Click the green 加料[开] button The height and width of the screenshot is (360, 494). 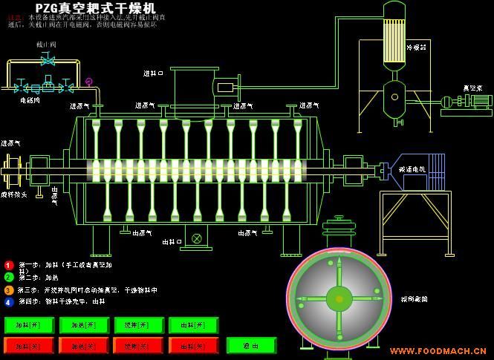point(29,325)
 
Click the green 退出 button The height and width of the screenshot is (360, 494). point(252,346)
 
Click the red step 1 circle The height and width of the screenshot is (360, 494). point(9,265)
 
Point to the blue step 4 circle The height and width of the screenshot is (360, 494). point(9,302)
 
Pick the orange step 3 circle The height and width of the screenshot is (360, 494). point(9,290)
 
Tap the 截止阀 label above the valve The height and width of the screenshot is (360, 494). point(46,45)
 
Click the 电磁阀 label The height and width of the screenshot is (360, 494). point(30,99)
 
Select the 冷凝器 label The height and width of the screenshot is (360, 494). point(416,48)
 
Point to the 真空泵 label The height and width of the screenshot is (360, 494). point(473,88)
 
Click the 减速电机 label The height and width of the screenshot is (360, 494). point(412,169)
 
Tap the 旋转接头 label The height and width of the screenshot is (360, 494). point(14,194)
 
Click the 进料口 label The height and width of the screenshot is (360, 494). point(153,73)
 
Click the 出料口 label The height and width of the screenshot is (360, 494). point(172,242)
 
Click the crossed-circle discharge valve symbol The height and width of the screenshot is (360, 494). point(196,238)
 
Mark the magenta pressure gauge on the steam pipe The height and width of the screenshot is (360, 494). point(89,81)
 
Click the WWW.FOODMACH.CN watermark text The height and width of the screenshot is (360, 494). point(438,351)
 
